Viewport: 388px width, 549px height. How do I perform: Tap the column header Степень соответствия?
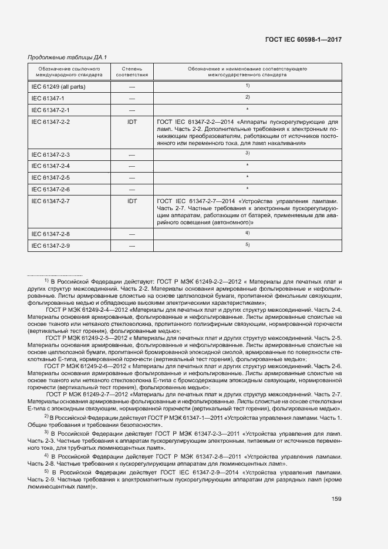click(131, 72)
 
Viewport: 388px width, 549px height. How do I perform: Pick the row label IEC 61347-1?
click(48, 98)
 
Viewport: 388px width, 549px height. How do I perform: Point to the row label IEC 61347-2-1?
click(50, 110)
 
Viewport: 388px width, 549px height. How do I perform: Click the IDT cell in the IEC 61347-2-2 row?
click(131, 122)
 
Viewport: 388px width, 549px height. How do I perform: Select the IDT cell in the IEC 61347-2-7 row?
click(131, 201)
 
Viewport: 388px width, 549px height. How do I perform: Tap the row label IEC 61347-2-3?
click(50, 154)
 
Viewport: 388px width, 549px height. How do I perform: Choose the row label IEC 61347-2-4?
click(50, 166)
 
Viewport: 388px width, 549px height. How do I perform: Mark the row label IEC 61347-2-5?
click(50, 177)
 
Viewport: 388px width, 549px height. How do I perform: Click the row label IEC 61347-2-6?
click(50, 189)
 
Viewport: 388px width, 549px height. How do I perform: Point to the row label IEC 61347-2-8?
click(50, 234)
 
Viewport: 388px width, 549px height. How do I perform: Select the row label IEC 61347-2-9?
click(50, 245)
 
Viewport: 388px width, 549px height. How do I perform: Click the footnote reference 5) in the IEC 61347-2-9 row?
click(248, 244)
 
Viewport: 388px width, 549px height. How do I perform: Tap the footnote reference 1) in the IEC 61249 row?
click(248, 86)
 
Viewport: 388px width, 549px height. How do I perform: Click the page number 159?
click(336, 499)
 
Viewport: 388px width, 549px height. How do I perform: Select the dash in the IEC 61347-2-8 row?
click(131, 234)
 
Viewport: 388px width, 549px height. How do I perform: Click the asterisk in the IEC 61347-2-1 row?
click(248, 110)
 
